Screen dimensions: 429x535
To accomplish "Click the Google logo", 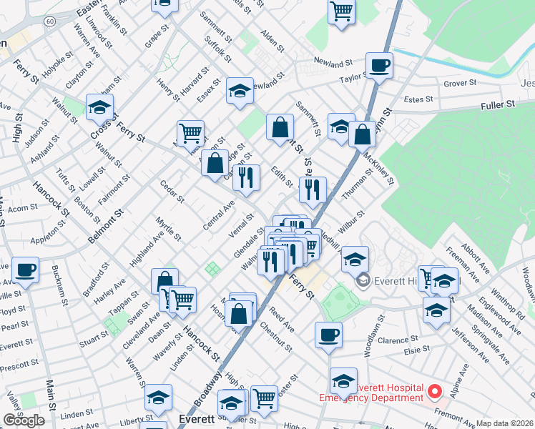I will point(24,420).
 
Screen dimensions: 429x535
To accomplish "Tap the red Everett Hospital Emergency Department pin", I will point(435,392).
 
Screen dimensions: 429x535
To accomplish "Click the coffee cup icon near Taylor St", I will point(379,66).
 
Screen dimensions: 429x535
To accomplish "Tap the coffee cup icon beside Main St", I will point(26,270).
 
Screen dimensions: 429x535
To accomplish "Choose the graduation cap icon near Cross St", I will point(99,108).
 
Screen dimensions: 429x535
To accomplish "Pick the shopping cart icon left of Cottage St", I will point(190,132).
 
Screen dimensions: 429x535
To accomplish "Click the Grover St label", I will point(460,84).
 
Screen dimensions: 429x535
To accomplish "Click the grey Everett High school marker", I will point(363,280).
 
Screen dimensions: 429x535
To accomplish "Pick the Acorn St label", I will point(23,209).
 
